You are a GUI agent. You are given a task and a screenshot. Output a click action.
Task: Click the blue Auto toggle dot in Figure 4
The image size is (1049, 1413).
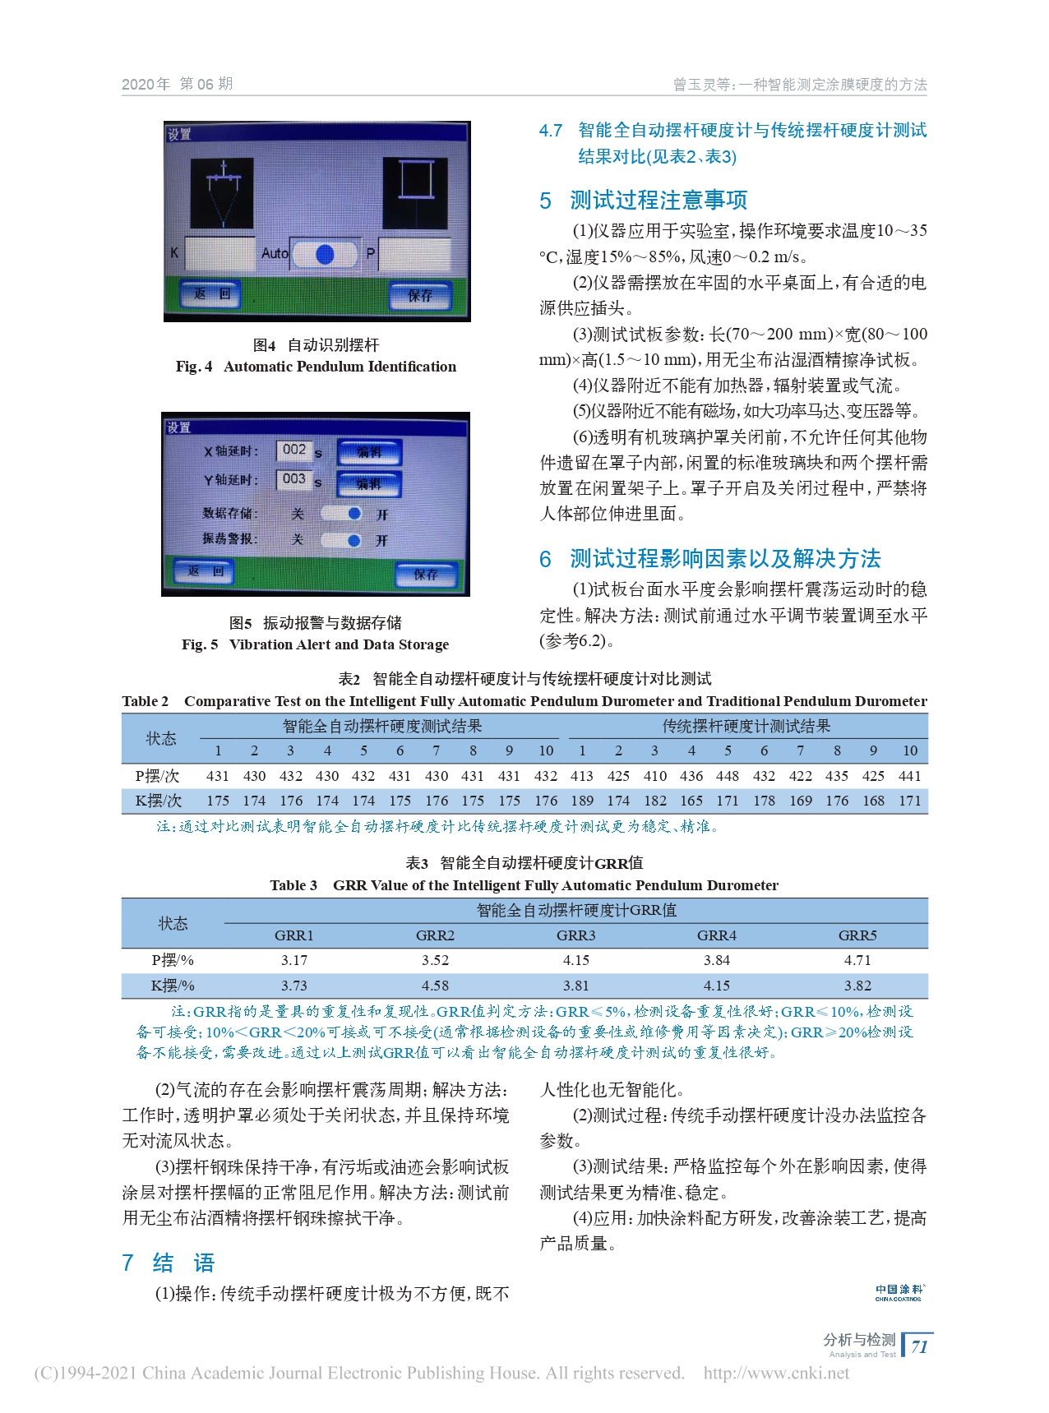point(325,254)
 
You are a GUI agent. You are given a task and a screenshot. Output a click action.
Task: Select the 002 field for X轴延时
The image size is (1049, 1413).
point(294,450)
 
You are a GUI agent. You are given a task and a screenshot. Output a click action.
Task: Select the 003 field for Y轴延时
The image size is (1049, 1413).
point(294,479)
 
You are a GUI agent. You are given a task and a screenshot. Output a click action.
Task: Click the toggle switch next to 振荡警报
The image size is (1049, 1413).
point(342,541)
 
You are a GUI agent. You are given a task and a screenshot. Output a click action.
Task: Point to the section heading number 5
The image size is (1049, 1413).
point(546,201)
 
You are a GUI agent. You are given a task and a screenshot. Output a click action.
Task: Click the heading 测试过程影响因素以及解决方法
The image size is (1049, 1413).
point(725,559)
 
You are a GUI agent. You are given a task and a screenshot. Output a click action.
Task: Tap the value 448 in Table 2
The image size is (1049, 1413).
point(728,776)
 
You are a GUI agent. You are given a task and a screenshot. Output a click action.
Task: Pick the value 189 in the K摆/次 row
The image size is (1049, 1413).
point(582,801)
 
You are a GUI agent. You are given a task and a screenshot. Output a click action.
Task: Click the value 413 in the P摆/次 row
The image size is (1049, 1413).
point(582,776)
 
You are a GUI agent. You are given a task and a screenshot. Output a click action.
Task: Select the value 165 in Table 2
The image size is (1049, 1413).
point(691,801)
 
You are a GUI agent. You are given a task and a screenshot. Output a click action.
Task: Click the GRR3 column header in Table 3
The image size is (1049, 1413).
point(575,935)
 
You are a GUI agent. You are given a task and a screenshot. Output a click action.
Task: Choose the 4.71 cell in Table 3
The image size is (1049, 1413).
point(857,960)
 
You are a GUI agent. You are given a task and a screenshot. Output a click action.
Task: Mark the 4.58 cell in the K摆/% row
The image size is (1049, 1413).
point(435,986)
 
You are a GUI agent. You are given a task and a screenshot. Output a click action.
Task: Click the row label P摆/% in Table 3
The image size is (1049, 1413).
point(173,960)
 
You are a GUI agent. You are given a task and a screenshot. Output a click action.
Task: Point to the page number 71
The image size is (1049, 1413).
point(920,1346)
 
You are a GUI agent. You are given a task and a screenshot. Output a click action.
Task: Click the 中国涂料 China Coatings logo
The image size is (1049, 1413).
point(899,1292)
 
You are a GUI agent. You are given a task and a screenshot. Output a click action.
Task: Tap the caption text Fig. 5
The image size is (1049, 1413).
point(200,644)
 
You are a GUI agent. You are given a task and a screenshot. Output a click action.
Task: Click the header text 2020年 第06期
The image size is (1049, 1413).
point(178,84)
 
